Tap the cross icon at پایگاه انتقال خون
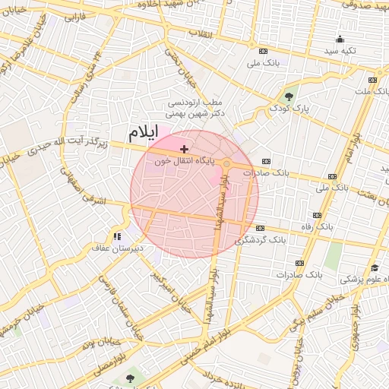pos(184,149)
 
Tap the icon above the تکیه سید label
pos(339,39)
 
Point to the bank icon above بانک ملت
pos(372,80)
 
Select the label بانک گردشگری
pos(261,239)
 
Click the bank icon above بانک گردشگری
pos(261,228)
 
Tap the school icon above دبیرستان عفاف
pos(117,237)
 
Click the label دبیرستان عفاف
pos(113,248)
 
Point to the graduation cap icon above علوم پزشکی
pos(374,268)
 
